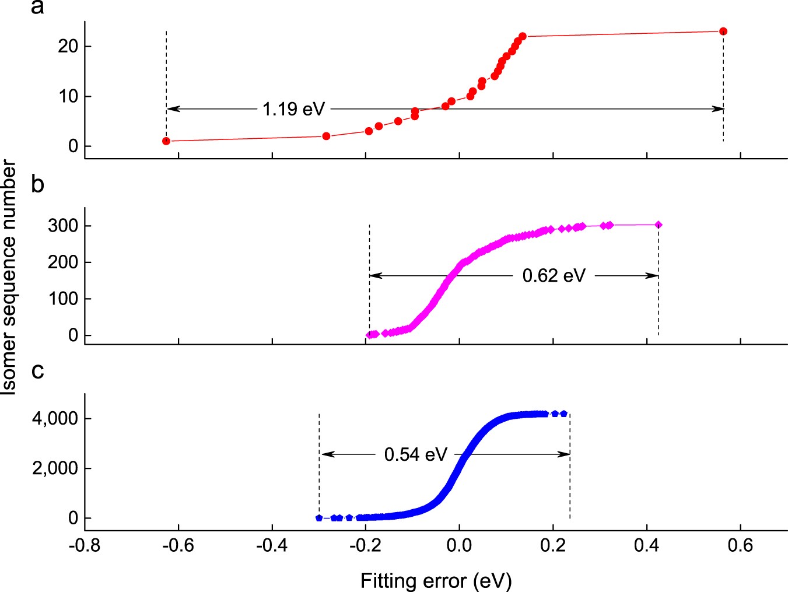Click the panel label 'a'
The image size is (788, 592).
click(x=37, y=8)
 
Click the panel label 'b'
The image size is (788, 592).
click(x=37, y=184)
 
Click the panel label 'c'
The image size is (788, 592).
click(x=37, y=370)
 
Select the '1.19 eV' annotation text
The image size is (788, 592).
click(x=293, y=109)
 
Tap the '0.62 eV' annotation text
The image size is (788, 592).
click(x=554, y=275)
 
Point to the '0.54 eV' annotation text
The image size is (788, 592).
click(x=415, y=454)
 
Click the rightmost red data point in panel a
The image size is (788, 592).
click(x=723, y=31)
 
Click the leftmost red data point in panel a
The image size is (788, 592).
click(x=166, y=141)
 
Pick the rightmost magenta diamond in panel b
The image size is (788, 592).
click(x=659, y=225)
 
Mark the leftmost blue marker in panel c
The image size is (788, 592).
click(x=319, y=518)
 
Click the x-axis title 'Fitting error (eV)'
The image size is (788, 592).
click(x=436, y=581)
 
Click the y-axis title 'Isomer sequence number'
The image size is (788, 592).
click(x=9, y=279)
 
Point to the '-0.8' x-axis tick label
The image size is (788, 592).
click(x=85, y=546)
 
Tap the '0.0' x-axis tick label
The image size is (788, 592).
click(x=459, y=546)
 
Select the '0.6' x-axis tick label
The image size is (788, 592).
click(x=740, y=546)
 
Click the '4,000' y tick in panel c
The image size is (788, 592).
click(x=55, y=419)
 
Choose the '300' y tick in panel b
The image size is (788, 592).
click(x=63, y=226)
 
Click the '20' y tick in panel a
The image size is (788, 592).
click(x=68, y=47)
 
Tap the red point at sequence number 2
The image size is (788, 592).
click(x=326, y=136)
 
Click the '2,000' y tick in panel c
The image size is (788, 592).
click(x=55, y=468)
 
